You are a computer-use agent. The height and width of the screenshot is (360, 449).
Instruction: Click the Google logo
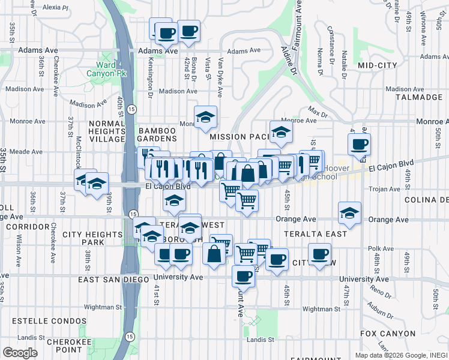[20, 353]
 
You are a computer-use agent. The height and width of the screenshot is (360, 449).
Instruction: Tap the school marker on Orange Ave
[349, 212]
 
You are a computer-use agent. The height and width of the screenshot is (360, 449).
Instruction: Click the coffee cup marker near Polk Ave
[319, 253]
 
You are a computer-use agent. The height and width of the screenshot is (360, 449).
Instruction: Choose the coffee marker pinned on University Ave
[243, 276]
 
